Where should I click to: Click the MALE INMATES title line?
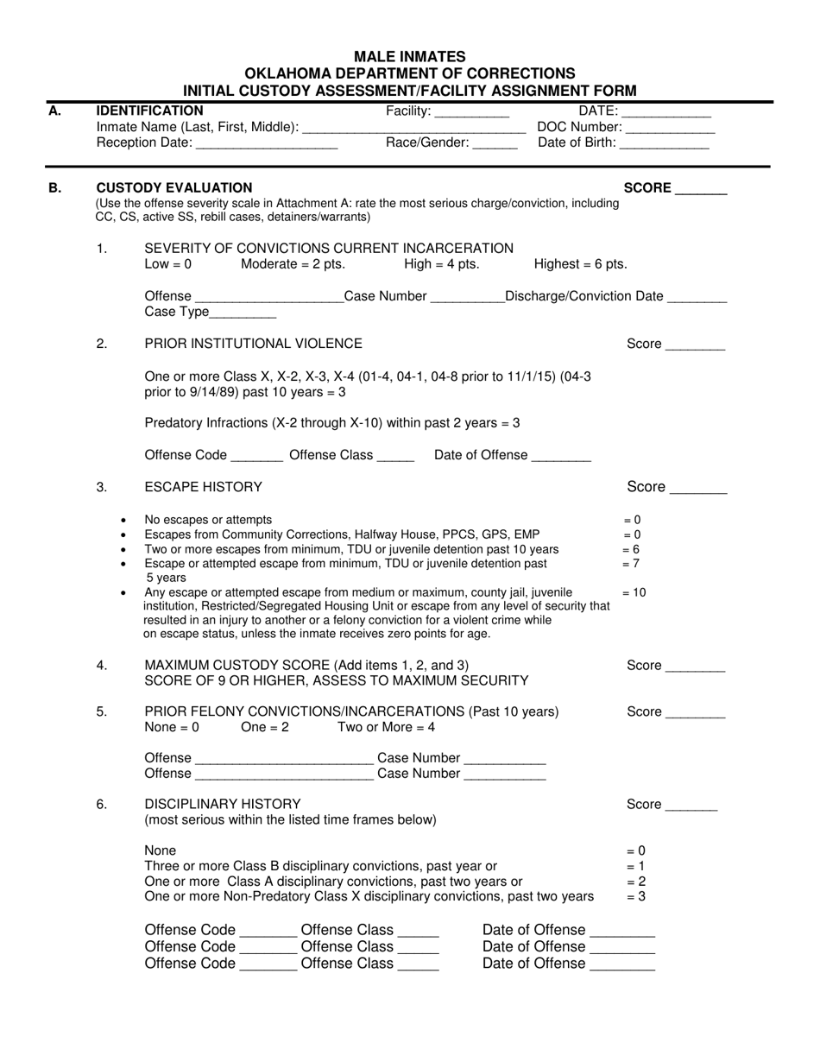(x=410, y=57)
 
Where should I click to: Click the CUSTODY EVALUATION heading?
(x=174, y=187)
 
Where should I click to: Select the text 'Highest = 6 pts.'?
(x=581, y=264)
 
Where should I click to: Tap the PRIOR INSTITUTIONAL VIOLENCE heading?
(x=253, y=344)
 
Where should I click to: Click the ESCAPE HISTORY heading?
(x=203, y=487)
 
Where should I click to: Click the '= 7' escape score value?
(x=631, y=564)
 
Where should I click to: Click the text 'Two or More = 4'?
(x=386, y=727)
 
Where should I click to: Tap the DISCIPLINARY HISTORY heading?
(x=223, y=804)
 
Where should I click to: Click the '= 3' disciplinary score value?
(x=635, y=897)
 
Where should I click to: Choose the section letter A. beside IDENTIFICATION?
(x=55, y=111)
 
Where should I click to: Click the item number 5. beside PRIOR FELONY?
(x=102, y=711)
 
